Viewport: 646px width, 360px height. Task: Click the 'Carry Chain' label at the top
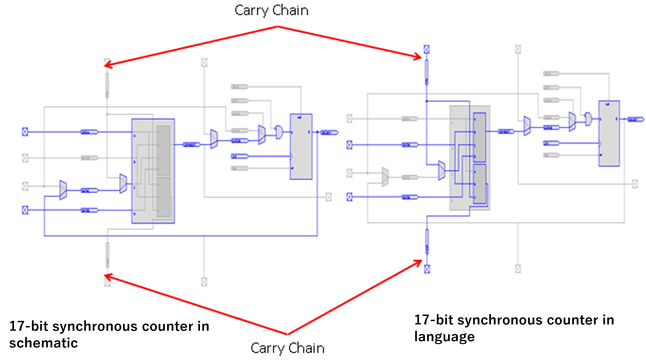pyautogui.click(x=271, y=11)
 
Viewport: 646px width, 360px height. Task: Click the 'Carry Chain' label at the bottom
pyautogui.click(x=287, y=349)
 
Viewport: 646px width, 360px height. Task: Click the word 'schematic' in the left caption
pyautogui.click(x=44, y=343)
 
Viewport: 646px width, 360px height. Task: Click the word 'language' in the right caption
pyautogui.click(x=444, y=336)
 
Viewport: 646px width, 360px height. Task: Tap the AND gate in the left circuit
pyautogui.click(x=279, y=132)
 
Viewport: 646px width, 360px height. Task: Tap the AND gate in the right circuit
pyautogui.click(x=588, y=119)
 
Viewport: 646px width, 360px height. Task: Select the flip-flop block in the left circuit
pyautogui.click(x=301, y=147)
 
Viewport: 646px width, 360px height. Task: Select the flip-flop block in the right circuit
pyautogui.click(x=609, y=133)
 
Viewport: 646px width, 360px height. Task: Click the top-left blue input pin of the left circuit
pyautogui.click(x=25, y=132)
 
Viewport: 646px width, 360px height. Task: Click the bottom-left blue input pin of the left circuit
pyautogui.click(x=25, y=210)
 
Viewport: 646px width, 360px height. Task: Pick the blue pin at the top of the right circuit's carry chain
pyautogui.click(x=426, y=49)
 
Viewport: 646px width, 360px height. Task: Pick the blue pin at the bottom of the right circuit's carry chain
pyautogui.click(x=427, y=269)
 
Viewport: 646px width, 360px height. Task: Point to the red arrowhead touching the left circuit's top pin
pyautogui.click(x=107, y=65)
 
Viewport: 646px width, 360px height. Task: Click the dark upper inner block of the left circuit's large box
pyautogui.click(x=163, y=150)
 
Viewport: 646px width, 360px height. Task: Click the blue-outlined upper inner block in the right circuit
pyautogui.click(x=479, y=137)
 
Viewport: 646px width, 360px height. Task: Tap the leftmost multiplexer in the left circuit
pyautogui.click(x=63, y=190)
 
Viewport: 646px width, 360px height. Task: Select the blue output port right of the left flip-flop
pyautogui.click(x=329, y=133)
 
